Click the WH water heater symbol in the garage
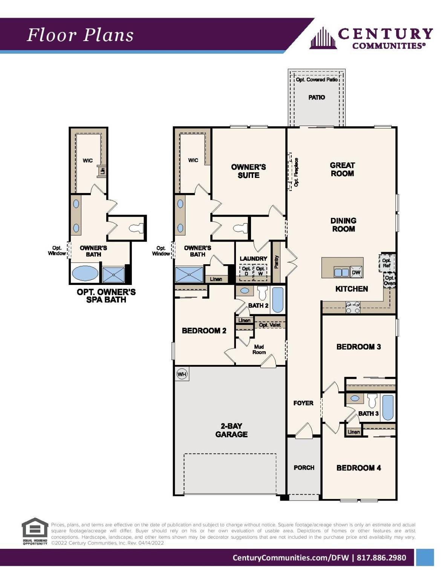click(182, 374)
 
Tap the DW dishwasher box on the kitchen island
click(356, 273)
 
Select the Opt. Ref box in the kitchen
click(386, 263)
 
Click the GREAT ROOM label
click(342, 169)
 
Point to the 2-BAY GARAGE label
click(231, 430)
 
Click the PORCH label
click(304, 467)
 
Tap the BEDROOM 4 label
click(358, 468)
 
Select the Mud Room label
click(259, 349)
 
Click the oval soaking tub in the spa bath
click(85, 273)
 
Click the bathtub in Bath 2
click(278, 300)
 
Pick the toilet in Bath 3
click(372, 401)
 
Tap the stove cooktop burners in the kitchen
click(353, 307)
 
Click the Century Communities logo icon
click(323, 38)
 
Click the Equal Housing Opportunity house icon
click(35, 528)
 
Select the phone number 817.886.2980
click(381, 558)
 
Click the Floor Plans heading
click(80, 35)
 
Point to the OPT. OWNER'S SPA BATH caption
click(106, 296)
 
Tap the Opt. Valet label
click(269, 325)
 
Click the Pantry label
click(277, 262)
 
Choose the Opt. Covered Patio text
click(317, 80)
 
